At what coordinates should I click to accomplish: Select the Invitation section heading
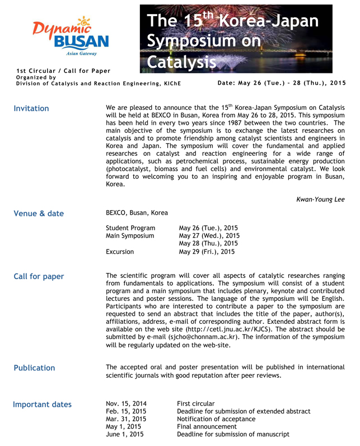(x=31, y=109)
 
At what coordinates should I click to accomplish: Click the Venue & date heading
(x=39, y=213)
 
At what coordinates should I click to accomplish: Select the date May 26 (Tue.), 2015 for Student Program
(x=208, y=228)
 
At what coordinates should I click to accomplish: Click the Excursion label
(x=120, y=252)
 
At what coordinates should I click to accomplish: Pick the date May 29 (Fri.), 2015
(x=207, y=252)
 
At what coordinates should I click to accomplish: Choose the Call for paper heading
(x=39, y=277)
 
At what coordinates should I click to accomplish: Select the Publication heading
(x=34, y=368)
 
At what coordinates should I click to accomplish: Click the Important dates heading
(x=43, y=405)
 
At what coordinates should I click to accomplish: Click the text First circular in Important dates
(x=196, y=403)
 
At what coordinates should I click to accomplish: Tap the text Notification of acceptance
(x=216, y=419)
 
